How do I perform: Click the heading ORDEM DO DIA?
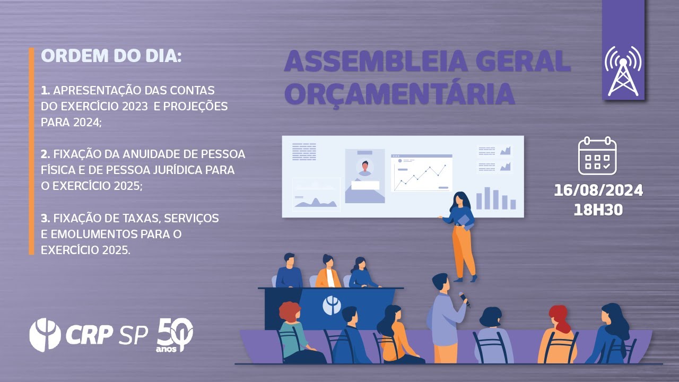[x=111, y=56]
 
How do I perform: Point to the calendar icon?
[x=597, y=155]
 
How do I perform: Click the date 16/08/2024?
[x=598, y=190]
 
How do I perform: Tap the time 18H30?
[x=598, y=210]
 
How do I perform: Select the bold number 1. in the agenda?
[x=45, y=91]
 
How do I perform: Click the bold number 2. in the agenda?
[x=46, y=154]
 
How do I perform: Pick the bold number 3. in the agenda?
[x=46, y=218]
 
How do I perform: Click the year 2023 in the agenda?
[x=134, y=107]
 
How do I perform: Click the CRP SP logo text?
[x=106, y=335]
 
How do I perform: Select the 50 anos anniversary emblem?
[x=175, y=335]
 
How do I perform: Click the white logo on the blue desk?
[x=332, y=305]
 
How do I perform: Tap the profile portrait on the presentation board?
[x=364, y=168]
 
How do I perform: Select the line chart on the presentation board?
[x=421, y=174]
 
